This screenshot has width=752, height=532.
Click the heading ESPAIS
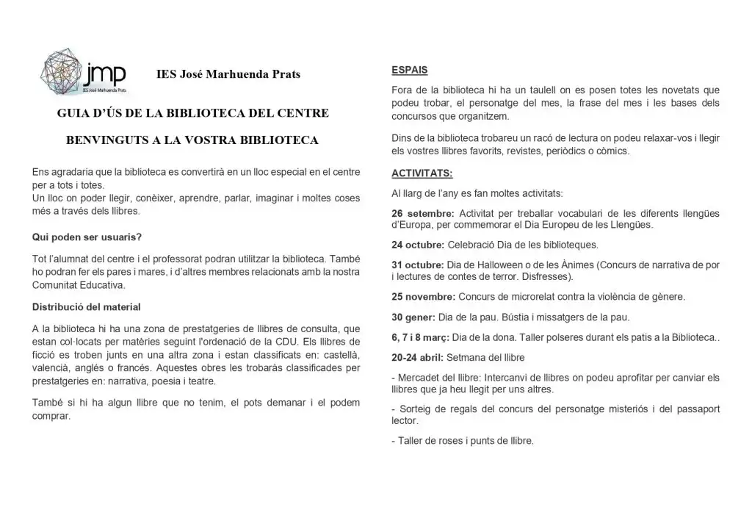[x=410, y=70]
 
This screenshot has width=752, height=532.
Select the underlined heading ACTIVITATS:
[x=422, y=174]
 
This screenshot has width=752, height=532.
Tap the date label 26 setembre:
[x=422, y=213]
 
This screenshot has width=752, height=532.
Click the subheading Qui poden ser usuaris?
[x=87, y=237]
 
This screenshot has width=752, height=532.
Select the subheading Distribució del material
[x=87, y=306]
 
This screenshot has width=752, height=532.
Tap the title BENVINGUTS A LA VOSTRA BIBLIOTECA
[x=192, y=140]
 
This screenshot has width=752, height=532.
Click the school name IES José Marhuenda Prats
[x=228, y=74]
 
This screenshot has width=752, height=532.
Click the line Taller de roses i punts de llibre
[x=463, y=441]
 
